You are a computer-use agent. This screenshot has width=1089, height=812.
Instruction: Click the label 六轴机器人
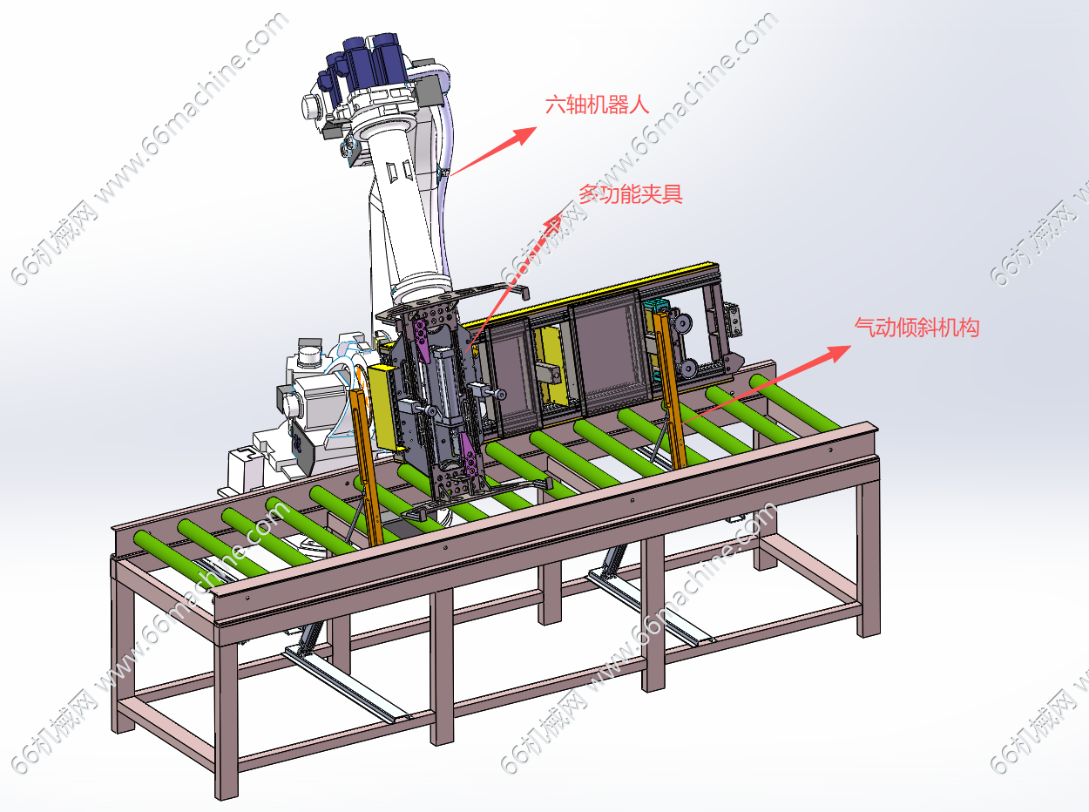click(x=597, y=105)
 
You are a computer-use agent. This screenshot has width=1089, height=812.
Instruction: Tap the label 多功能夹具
click(x=631, y=194)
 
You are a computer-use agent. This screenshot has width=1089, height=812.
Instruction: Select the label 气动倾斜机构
click(x=917, y=328)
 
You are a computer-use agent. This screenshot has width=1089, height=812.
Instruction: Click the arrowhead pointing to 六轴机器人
click(x=524, y=134)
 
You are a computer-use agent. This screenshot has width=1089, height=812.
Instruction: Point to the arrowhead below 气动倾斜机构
click(x=838, y=353)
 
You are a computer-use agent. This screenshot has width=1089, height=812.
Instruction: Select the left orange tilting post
click(x=367, y=466)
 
